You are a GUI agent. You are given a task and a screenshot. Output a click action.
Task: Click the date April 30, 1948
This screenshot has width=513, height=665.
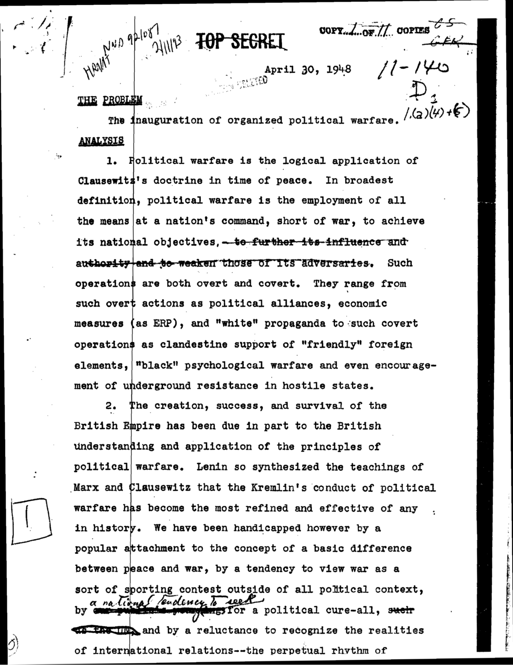coord(308,69)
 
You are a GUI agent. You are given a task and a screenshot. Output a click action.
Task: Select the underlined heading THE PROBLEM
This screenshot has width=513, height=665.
coord(109,100)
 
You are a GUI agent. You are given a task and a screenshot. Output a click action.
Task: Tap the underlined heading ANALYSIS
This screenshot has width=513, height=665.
coord(101,141)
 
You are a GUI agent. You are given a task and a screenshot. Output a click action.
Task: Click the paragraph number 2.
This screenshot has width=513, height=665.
coord(111,406)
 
